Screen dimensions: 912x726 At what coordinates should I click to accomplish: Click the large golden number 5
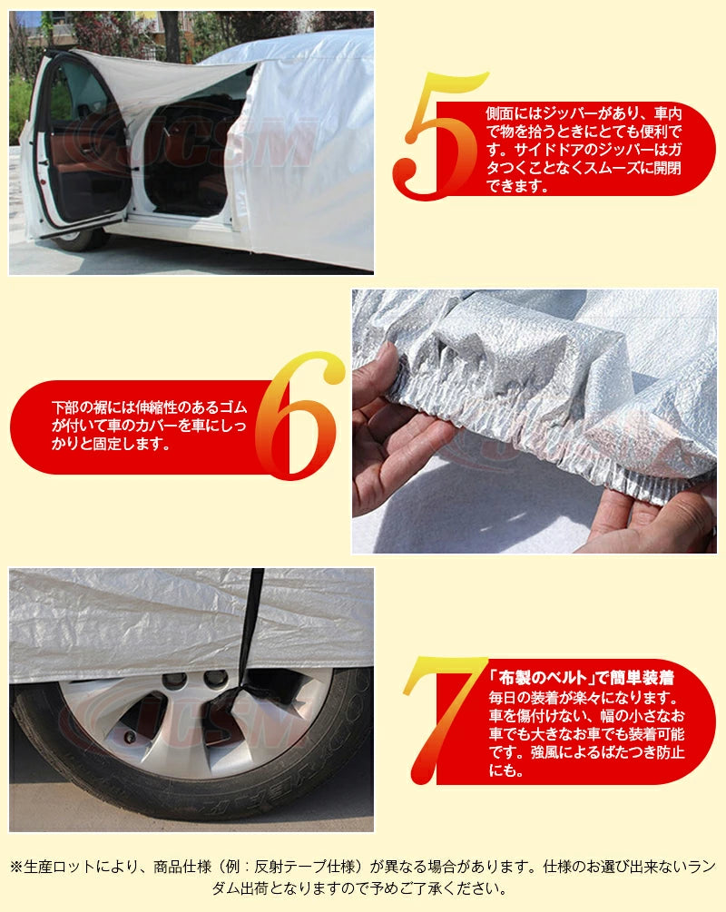click(434, 136)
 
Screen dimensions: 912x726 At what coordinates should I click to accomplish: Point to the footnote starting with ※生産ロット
click(363, 877)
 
